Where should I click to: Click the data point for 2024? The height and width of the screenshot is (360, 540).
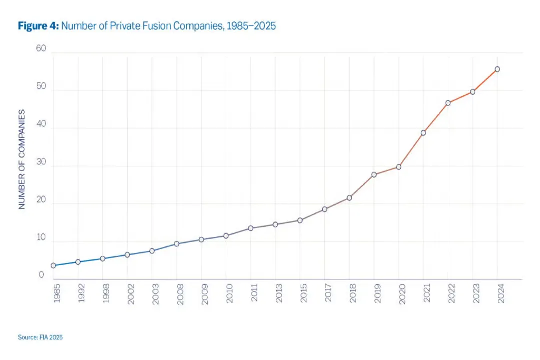497,69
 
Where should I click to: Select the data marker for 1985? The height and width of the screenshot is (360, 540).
53,266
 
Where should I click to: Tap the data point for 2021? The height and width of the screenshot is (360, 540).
423,133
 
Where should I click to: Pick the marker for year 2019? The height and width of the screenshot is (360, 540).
374,174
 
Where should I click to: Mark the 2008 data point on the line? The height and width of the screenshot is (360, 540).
177,244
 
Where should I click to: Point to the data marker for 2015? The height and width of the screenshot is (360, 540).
300,220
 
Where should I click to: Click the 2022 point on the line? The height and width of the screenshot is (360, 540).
448,103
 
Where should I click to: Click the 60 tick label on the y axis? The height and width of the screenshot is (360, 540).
40,49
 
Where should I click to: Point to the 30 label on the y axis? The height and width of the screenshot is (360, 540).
40,162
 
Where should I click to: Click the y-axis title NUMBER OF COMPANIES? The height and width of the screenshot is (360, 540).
22,159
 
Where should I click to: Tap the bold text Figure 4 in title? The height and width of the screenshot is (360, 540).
38,26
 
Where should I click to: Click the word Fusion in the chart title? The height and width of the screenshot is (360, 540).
156,26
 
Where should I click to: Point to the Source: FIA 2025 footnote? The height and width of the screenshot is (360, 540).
40,337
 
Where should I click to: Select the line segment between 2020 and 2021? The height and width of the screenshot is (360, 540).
411,150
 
